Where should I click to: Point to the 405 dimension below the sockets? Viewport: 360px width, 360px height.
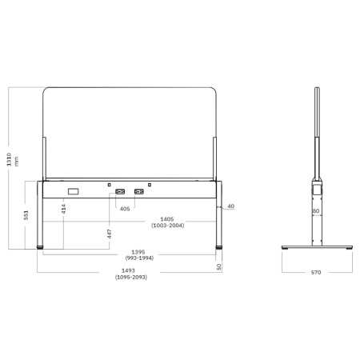[124, 209]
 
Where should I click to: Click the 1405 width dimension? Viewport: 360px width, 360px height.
[166, 219]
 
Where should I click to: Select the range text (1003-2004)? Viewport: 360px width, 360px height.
[166, 227]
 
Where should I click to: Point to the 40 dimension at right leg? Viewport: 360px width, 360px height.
[230, 206]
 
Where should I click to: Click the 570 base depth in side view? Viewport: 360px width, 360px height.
[315, 272]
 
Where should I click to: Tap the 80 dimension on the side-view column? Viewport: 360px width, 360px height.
[315, 212]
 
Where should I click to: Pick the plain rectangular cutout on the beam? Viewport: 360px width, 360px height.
[74, 190]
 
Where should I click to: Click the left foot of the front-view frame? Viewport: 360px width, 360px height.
[42, 248]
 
